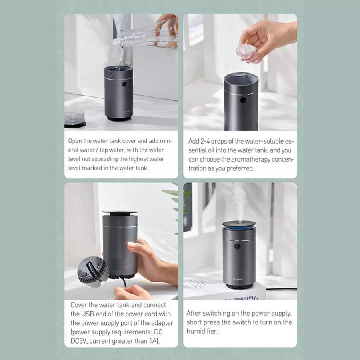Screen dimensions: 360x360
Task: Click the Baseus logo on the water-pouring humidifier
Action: [x=126, y=112]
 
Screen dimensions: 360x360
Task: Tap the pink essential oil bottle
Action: [x=245, y=54]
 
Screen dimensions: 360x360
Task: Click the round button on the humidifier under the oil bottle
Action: [x=243, y=100]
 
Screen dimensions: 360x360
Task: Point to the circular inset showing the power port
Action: [x=93, y=272]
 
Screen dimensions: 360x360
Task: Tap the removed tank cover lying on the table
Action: [x=75, y=118]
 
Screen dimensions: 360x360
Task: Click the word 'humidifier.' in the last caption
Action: [x=202, y=331]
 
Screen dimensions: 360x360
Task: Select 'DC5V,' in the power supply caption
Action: [x=79, y=341]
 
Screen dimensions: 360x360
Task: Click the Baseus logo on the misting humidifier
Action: [x=238, y=280]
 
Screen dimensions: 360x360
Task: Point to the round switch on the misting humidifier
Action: [x=237, y=247]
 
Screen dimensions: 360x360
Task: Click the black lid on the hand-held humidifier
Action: [x=120, y=213]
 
